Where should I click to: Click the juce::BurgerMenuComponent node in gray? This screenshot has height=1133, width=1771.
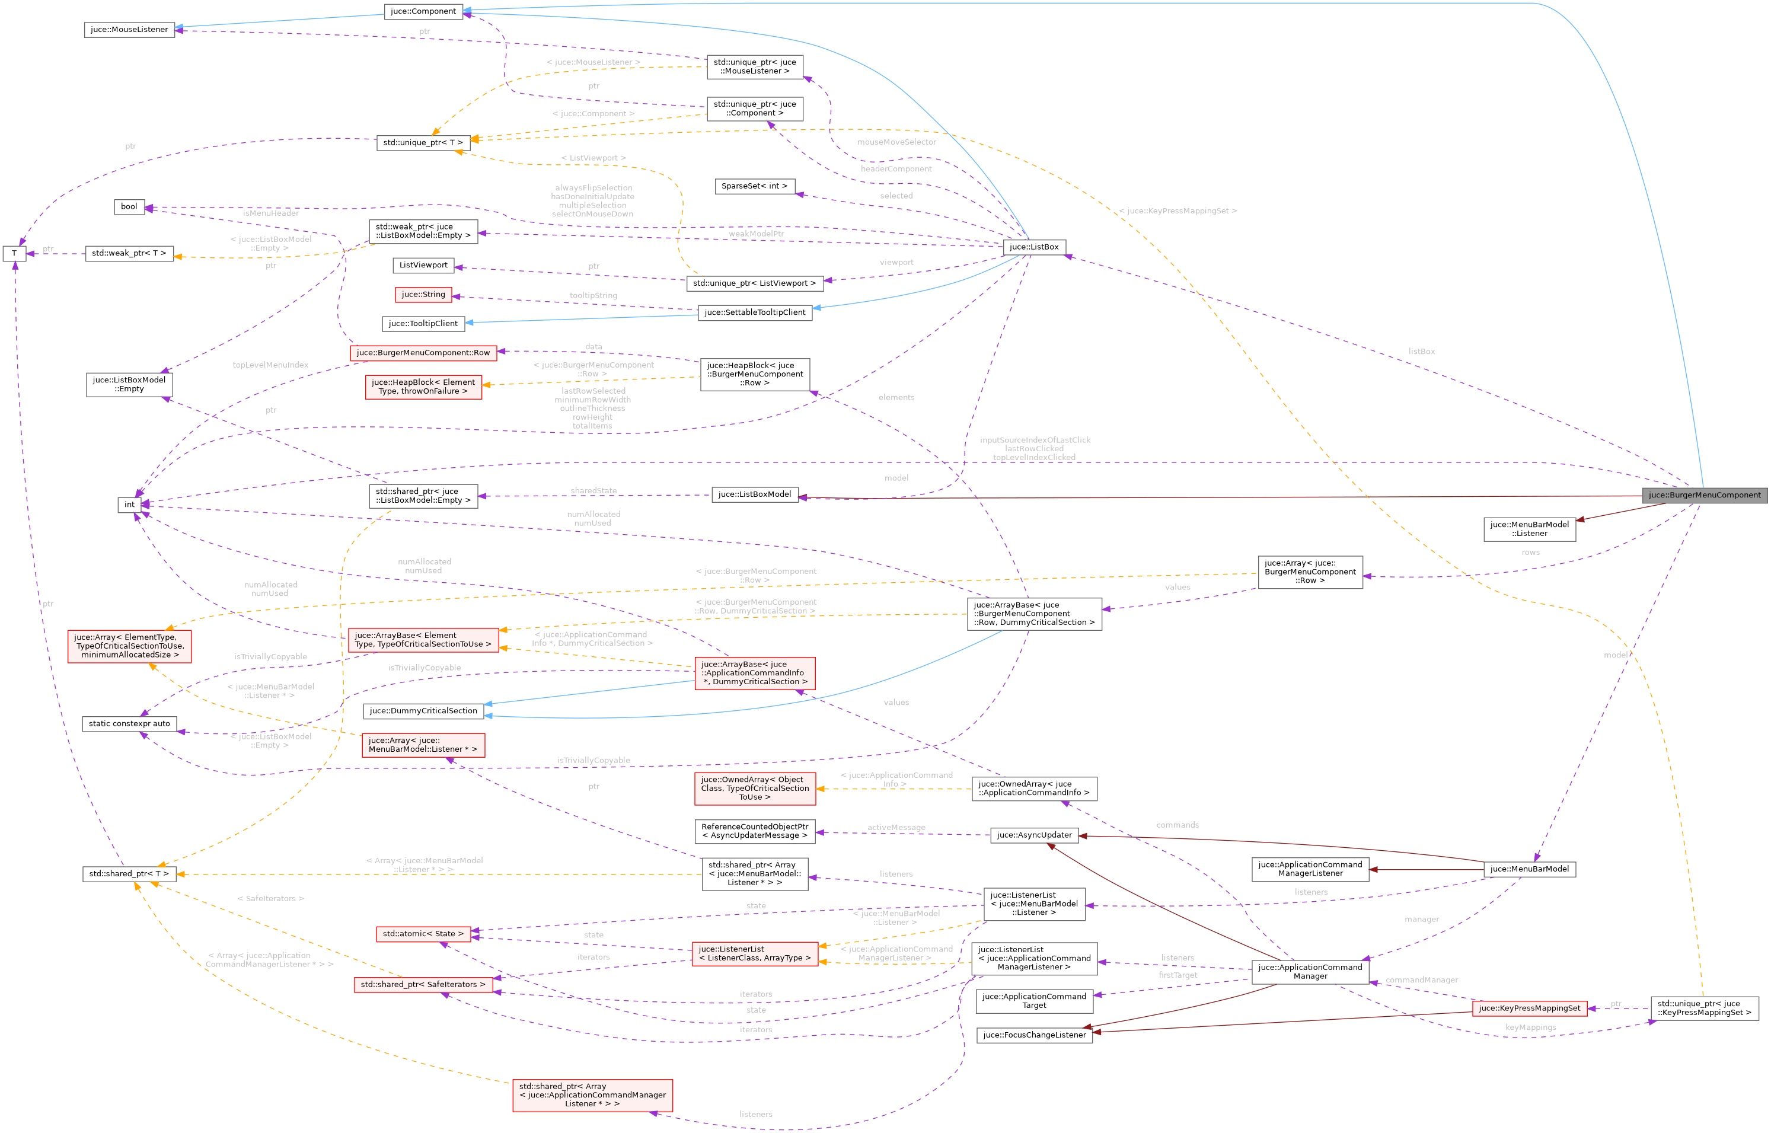coord(1704,495)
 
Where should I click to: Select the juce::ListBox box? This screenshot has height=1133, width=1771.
coord(1034,247)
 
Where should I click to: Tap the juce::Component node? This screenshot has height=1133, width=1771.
coord(423,11)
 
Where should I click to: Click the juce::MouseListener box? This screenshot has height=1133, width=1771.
coord(129,30)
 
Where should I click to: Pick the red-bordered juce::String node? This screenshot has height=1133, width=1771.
coord(423,294)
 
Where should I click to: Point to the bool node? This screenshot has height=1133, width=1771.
coord(129,207)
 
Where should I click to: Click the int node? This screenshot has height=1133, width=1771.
coord(129,505)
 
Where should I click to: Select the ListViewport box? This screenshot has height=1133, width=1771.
coord(423,265)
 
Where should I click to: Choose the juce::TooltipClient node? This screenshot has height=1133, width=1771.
coord(423,324)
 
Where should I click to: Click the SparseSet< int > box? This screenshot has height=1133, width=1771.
coord(754,186)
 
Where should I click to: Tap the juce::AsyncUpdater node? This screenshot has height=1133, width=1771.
coord(1034,835)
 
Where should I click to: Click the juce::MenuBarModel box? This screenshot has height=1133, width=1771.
coord(1529,869)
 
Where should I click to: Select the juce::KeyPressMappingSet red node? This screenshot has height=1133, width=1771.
coord(1529,1008)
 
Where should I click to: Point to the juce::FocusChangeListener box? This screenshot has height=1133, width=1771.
coord(1034,1035)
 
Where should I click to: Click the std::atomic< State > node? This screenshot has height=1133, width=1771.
coord(423,934)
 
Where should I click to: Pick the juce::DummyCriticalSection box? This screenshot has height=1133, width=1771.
coord(423,711)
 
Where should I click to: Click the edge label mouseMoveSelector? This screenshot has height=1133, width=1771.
coord(896,142)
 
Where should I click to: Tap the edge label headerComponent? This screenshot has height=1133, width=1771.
coord(896,169)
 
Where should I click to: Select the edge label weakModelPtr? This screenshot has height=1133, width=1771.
coord(755,234)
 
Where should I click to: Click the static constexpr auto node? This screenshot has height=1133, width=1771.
coord(129,724)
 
